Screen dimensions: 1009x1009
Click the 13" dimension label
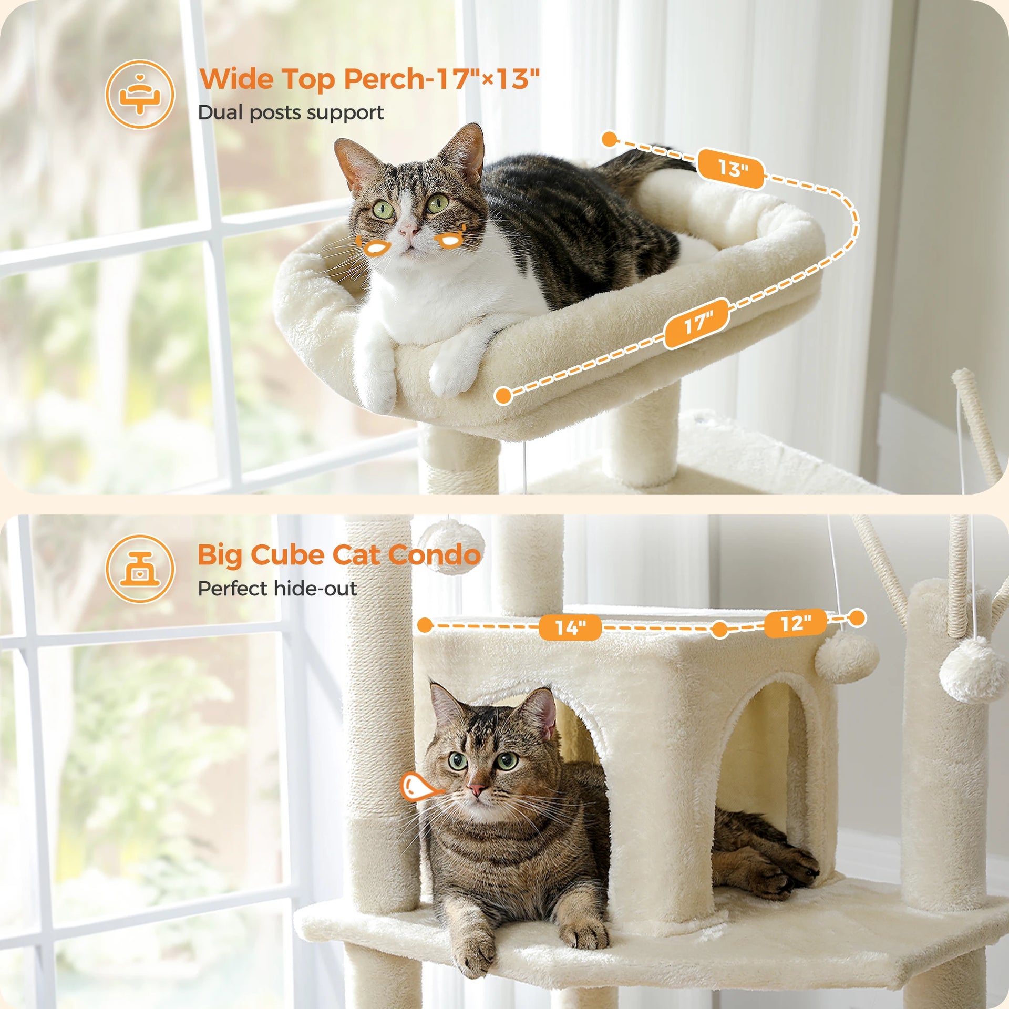tap(730, 169)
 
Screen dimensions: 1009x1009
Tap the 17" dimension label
tap(697, 323)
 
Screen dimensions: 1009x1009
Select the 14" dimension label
tap(570, 627)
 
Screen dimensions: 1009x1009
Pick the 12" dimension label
tap(796, 623)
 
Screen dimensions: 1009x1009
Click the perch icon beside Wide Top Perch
tap(139, 95)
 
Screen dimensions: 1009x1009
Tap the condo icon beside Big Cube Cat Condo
tap(139, 569)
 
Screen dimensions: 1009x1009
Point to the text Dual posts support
tap(291, 112)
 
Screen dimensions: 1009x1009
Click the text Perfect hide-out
tap(277, 589)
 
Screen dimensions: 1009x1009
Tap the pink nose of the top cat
tap(408, 230)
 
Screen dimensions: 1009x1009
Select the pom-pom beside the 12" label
tap(846, 657)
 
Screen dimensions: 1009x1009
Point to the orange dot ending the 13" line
tap(609, 139)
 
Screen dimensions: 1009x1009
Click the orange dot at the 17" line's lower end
tap(503, 396)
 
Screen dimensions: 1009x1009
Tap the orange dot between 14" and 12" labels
tap(719, 629)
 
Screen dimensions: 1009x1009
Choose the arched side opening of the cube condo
tap(757, 762)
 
